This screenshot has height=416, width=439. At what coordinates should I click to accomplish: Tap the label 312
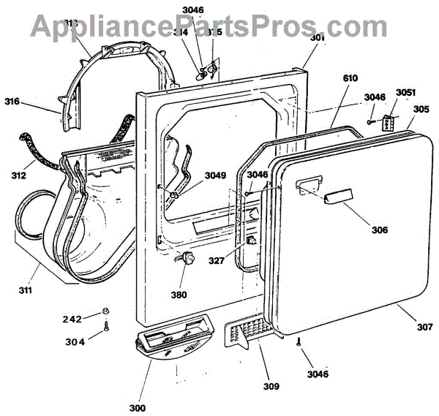point(19,175)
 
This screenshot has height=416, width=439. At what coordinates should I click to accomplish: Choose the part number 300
point(137,407)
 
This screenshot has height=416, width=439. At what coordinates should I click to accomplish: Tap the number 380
point(179,295)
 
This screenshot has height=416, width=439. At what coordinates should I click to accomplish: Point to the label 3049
point(215,175)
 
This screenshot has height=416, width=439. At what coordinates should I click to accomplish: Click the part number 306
point(379,230)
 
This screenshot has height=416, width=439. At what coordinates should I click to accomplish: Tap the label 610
point(352,77)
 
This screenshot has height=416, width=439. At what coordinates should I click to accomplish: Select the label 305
point(421,110)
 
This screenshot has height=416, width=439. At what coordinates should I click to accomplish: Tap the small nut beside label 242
point(107,312)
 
